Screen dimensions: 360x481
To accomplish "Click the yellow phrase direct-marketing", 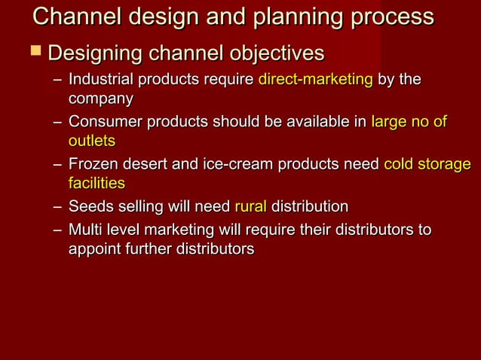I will [315, 80].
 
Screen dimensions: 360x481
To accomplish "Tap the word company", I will [100, 99].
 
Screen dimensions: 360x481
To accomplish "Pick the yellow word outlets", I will [91, 141].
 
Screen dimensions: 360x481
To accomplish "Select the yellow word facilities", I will [97, 183].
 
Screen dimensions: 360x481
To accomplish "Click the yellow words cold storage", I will [427, 164].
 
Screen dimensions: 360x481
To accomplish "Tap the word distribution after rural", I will [310, 206].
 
